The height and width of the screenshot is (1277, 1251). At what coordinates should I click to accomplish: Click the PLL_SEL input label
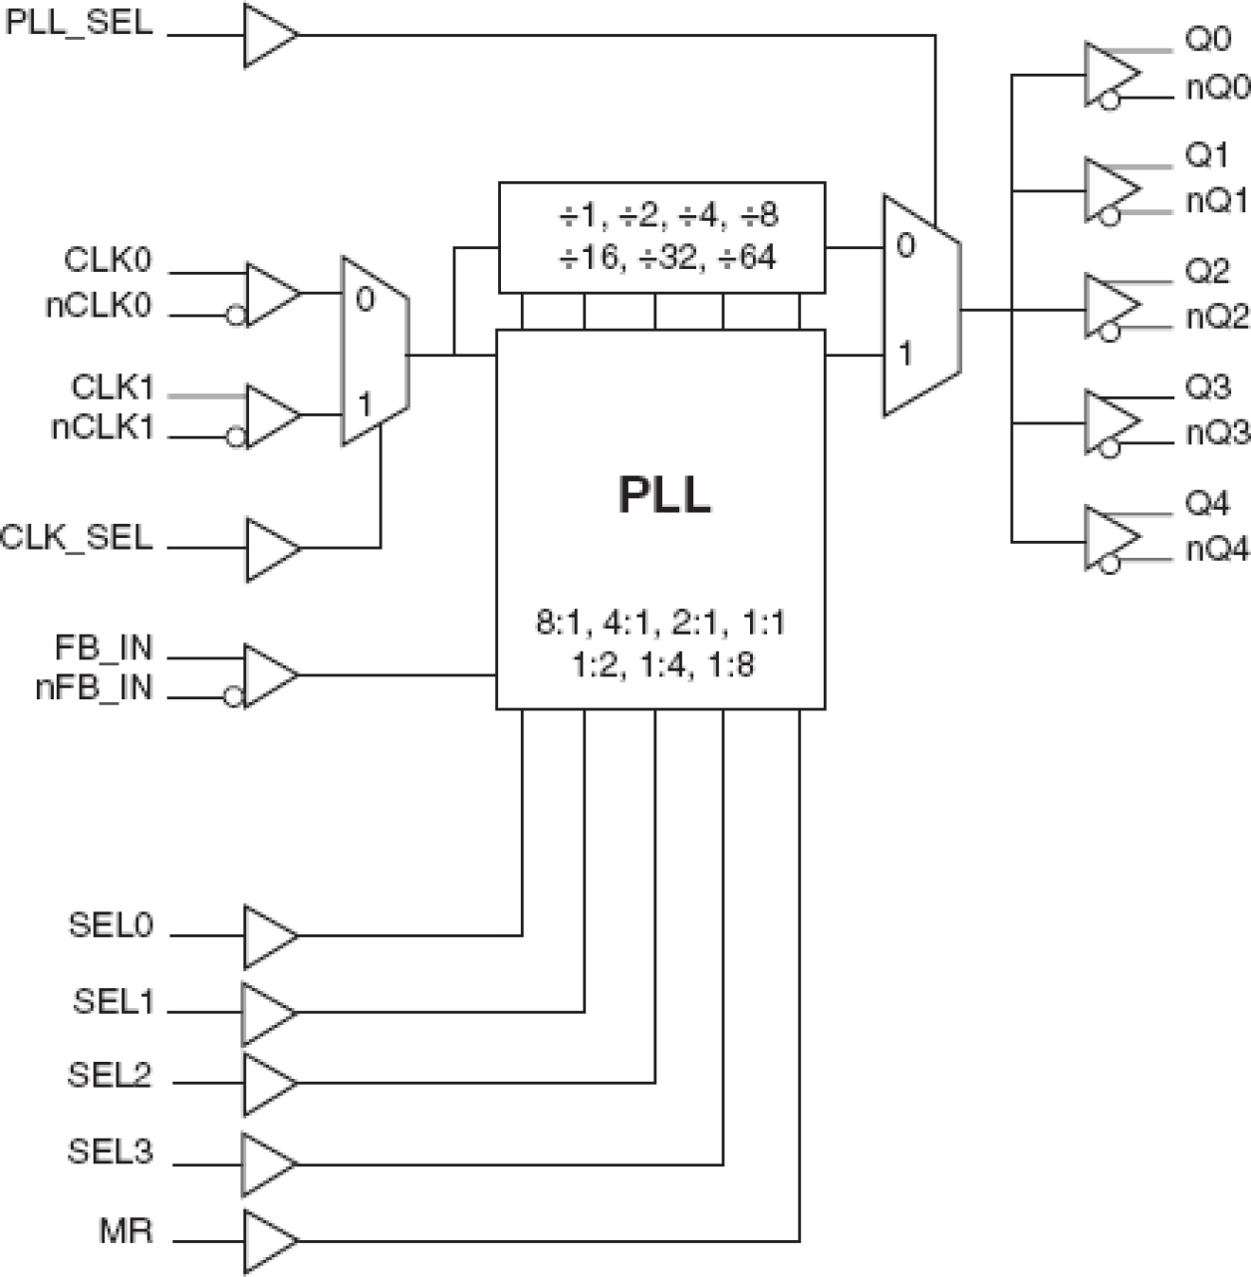(80, 22)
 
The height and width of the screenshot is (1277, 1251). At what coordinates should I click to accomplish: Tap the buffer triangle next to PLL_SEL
(268, 35)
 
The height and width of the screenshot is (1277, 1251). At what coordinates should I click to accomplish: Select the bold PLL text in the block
(664, 494)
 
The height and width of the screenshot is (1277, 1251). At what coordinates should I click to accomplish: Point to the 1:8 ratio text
(731, 664)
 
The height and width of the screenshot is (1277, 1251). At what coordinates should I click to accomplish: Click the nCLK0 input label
(99, 306)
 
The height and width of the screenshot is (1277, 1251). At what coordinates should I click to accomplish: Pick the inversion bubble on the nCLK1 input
(236, 436)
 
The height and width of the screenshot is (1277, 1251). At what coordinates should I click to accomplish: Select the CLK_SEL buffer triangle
(270, 548)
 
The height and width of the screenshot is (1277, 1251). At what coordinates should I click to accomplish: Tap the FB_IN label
(104, 647)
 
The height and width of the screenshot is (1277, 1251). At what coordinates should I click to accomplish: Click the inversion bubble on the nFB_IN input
(233, 698)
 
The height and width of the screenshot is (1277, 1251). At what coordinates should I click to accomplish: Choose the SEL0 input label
(111, 924)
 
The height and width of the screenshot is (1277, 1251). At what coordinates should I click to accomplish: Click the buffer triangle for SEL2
(268, 1083)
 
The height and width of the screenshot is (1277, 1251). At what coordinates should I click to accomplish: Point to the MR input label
(126, 1230)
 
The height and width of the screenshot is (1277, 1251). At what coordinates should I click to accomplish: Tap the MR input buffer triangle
(268, 1241)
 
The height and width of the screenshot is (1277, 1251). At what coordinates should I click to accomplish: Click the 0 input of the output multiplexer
(904, 245)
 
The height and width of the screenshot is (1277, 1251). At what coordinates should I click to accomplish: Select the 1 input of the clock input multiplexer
(365, 404)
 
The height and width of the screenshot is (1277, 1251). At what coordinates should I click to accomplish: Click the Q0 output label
(1208, 40)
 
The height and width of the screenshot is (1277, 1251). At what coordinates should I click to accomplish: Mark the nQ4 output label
(1216, 549)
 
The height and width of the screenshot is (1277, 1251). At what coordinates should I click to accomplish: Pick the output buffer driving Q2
(1111, 308)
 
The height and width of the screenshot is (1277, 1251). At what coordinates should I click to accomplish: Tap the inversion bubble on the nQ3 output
(1110, 450)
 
